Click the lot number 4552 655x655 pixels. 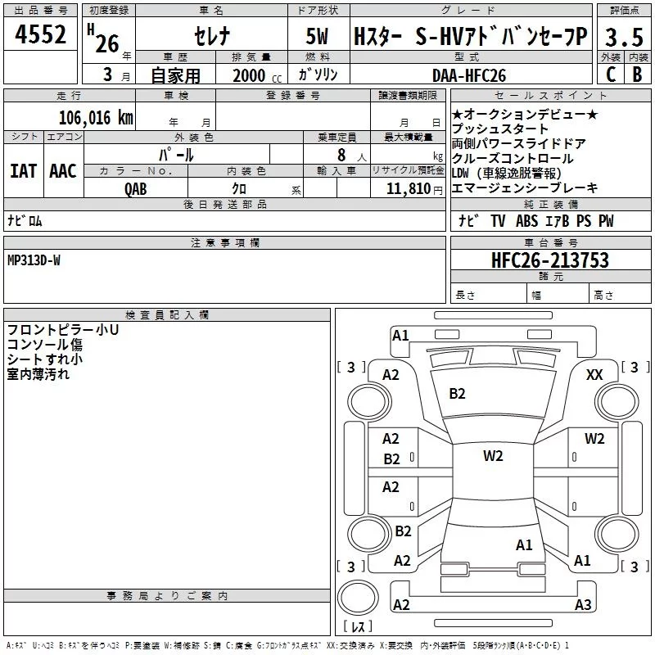coord(40,34)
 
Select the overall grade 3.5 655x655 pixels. coord(624,38)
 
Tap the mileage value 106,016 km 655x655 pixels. coord(96,118)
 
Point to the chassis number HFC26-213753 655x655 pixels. coord(550,260)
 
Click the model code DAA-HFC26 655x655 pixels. coord(469,75)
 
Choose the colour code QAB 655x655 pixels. coord(136,189)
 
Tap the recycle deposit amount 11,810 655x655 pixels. coord(409,189)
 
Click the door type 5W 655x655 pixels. coord(317,36)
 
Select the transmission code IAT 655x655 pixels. coord(24,171)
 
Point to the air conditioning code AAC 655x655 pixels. coord(63,171)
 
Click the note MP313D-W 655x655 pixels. coord(34,260)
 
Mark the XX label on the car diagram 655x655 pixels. coord(594,375)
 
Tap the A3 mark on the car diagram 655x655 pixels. coord(583,604)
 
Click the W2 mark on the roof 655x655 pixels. coord(493,456)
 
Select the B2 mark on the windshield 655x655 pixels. coord(457,394)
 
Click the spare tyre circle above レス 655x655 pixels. coord(358,597)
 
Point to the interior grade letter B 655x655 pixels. coord(638,75)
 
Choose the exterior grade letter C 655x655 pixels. coord(611,75)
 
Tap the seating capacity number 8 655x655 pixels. coord(341,155)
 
